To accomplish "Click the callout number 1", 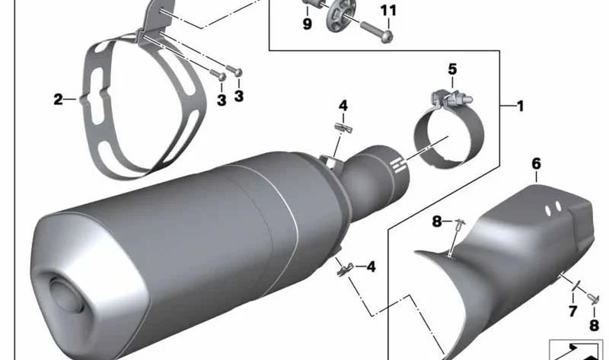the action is (x=521, y=106).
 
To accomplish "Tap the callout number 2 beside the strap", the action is (x=58, y=100).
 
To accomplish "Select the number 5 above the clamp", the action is (x=452, y=69).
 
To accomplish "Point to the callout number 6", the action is (x=536, y=164).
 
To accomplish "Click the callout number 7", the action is (x=573, y=311).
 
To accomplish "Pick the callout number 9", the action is (x=308, y=24).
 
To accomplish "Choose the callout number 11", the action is (x=388, y=11).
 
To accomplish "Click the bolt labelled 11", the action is (x=378, y=32).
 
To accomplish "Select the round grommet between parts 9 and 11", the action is (x=340, y=15).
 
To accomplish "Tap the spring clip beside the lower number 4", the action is (x=345, y=269).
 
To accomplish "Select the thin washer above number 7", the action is (x=576, y=285).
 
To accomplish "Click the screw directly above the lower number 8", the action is (x=594, y=299).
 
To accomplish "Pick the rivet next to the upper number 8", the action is (x=461, y=225).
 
